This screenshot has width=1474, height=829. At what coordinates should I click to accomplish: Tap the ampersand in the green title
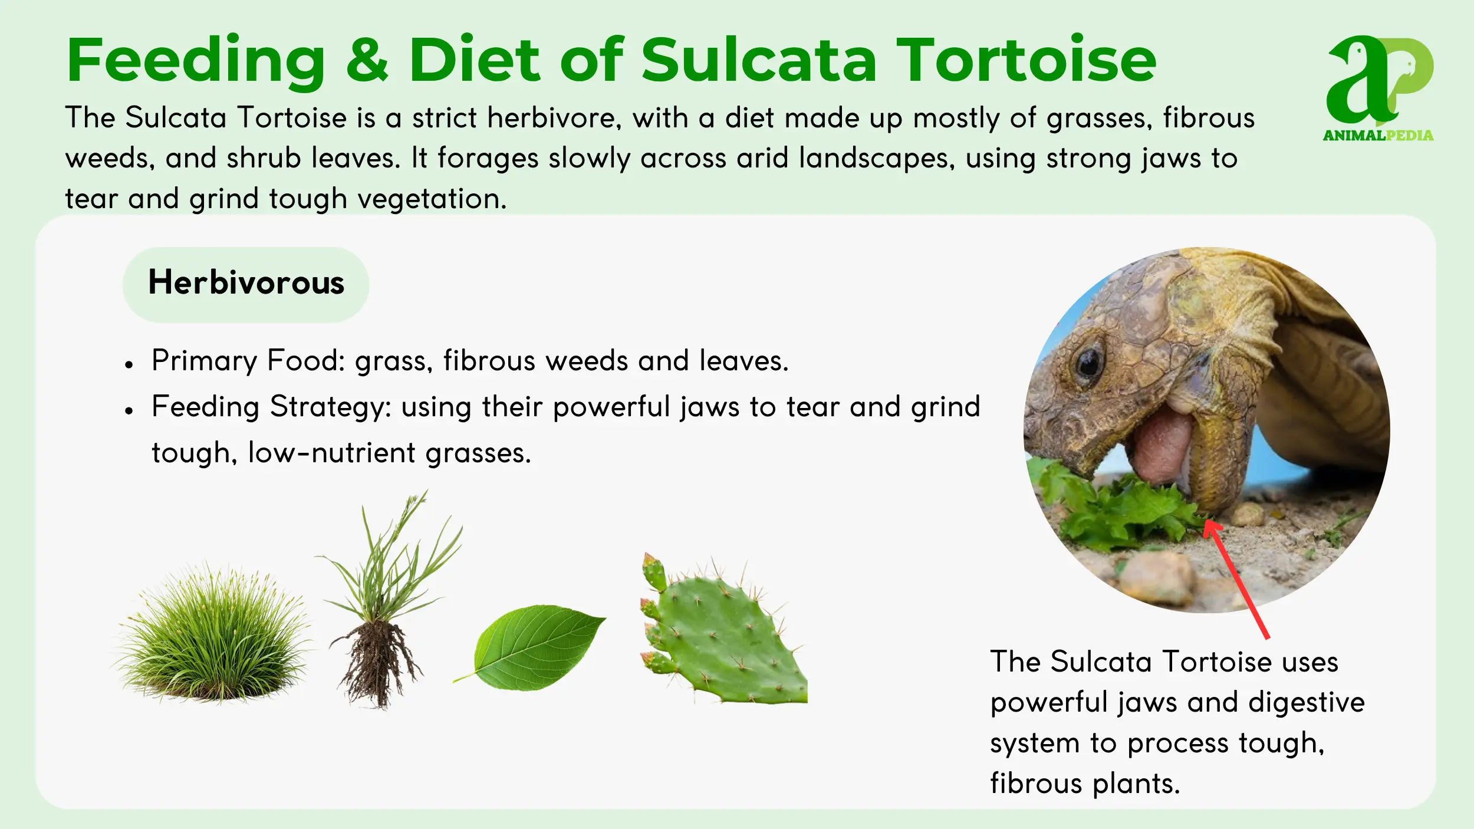click(x=367, y=61)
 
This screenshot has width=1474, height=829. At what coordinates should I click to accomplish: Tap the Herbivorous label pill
click(x=246, y=284)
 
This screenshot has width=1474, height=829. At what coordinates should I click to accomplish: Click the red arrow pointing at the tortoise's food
click(x=1235, y=578)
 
